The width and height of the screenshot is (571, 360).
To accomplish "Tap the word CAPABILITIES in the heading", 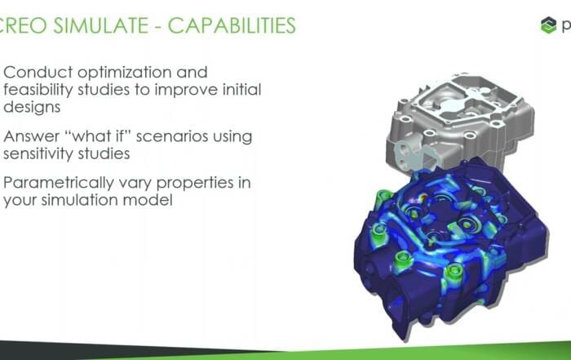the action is [232, 25].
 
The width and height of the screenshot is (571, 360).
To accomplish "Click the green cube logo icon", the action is [548, 25].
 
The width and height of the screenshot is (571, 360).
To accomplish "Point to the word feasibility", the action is [38, 90].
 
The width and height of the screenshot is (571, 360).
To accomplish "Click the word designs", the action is [32, 108].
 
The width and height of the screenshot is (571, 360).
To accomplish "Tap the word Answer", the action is [31, 136].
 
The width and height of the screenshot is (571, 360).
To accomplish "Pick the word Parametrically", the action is [58, 184].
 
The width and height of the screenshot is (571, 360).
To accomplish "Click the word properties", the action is [195, 184].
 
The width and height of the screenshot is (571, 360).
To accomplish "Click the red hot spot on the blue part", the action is [423, 198].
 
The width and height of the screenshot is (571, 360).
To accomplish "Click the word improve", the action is [186, 91].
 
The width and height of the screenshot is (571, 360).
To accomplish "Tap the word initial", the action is [241, 90].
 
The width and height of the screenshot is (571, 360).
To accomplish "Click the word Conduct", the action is [38, 73].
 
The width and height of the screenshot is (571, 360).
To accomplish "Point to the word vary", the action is [135, 184].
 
